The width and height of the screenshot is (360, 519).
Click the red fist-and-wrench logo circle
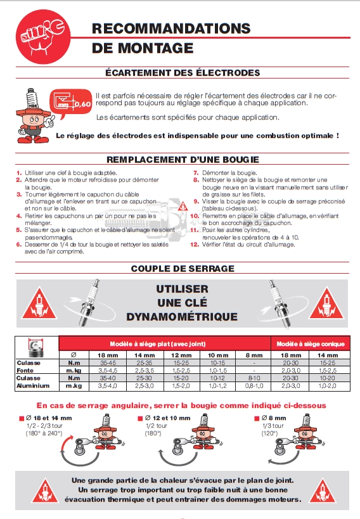pyautogui.click(x=43, y=37)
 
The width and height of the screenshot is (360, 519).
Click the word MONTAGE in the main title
pyautogui.click(x=155, y=48)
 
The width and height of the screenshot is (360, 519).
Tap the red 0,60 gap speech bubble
pyautogui.click(x=70, y=103)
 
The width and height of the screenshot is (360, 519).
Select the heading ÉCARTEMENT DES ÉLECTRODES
pyautogui.click(x=183, y=72)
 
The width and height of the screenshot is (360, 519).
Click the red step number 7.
pyautogui.click(x=196, y=173)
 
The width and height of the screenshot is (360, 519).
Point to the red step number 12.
pyautogui.click(x=195, y=245)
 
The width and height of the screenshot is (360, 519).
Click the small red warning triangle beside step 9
pyautogui.click(x=183, y=207)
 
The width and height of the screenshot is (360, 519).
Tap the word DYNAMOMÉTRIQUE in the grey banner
pyautogui.click(x=182, y=317)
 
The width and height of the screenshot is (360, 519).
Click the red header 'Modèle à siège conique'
pyautogui.click(x=311, y=344)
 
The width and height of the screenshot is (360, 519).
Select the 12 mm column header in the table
pyautogui.click(x=181, y=355)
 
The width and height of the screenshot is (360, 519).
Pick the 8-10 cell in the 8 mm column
pyautogui.click(x=254, y=378)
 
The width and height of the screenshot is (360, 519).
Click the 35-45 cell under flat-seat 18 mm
pyautogui.click(x=108, y=362)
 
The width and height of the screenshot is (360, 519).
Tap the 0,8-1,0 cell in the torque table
pyautogui.click(x=254, y=386)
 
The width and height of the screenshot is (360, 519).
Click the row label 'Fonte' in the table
pyautogui.click(x=25, y=370)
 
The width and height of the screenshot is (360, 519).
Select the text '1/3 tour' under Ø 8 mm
pyautogui.click(x=273, y=426)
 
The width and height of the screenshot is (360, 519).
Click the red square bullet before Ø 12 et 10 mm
pyautogui.click(x=140, y=418)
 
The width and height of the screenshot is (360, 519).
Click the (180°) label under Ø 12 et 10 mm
pyautogui.click(x=153, y=433)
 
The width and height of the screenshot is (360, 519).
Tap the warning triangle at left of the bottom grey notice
pyautogui.click(x=46, y=490)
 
